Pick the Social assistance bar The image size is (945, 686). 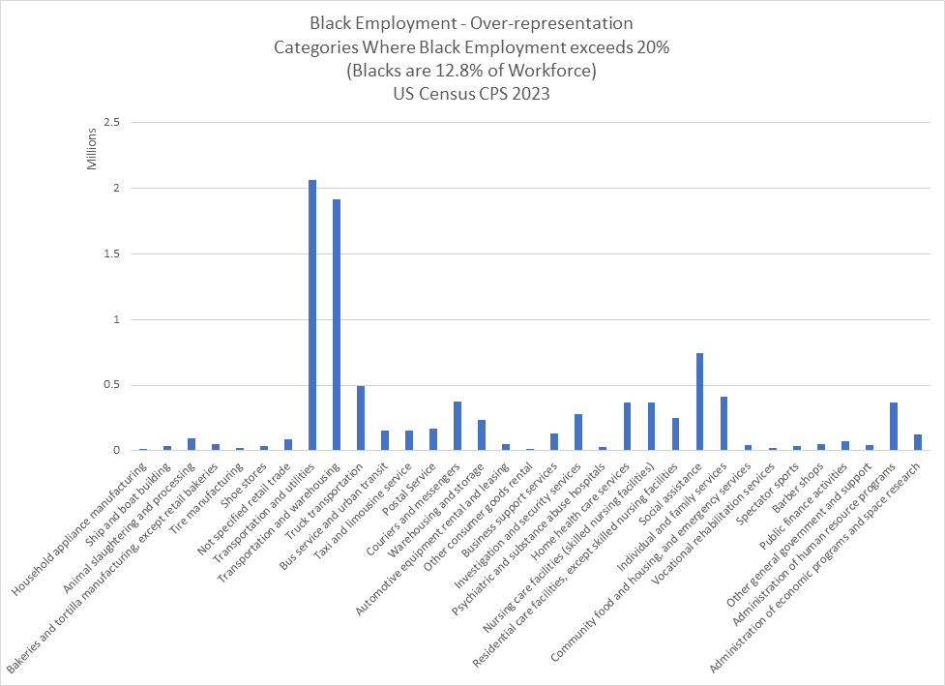[699, 402]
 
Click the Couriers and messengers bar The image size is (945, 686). [458, 426]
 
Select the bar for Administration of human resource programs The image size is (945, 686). [894, 427]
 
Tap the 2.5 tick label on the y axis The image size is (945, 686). [111, 123]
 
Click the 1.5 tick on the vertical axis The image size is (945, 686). [111, 254]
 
